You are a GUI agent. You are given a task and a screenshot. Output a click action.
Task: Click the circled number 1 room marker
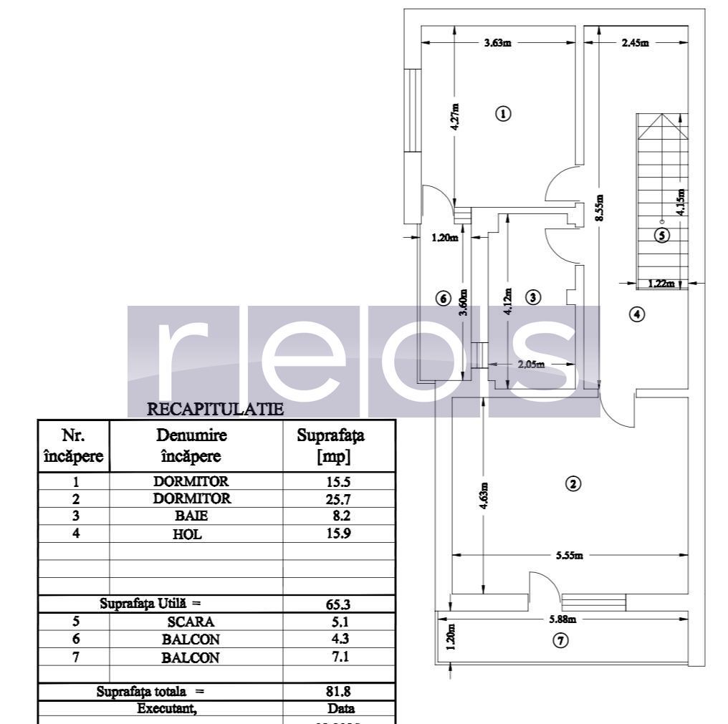click(x=503, y=113)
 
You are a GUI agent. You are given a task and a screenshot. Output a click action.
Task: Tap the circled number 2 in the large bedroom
click(x=573, y=483)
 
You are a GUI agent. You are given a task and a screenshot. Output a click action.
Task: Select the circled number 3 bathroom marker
click(x=532, y=296)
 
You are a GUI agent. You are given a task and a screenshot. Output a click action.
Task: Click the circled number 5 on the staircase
click(x=663, y=234)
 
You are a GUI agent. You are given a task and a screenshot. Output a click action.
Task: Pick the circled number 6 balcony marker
click(x=443, y=297)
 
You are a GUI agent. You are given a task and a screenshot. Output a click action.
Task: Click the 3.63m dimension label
click(x=497, y=43)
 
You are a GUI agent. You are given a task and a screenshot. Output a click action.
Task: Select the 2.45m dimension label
click(x=635, y=43)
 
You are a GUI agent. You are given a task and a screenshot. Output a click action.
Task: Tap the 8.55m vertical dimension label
click(x=599, y=208)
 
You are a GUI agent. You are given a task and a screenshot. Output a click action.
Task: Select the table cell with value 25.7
click(x=338, y=498)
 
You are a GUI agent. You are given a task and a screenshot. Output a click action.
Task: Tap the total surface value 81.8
click(x=338, y=692)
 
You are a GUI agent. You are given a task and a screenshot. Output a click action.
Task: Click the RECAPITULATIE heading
click(x=216, y=410)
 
